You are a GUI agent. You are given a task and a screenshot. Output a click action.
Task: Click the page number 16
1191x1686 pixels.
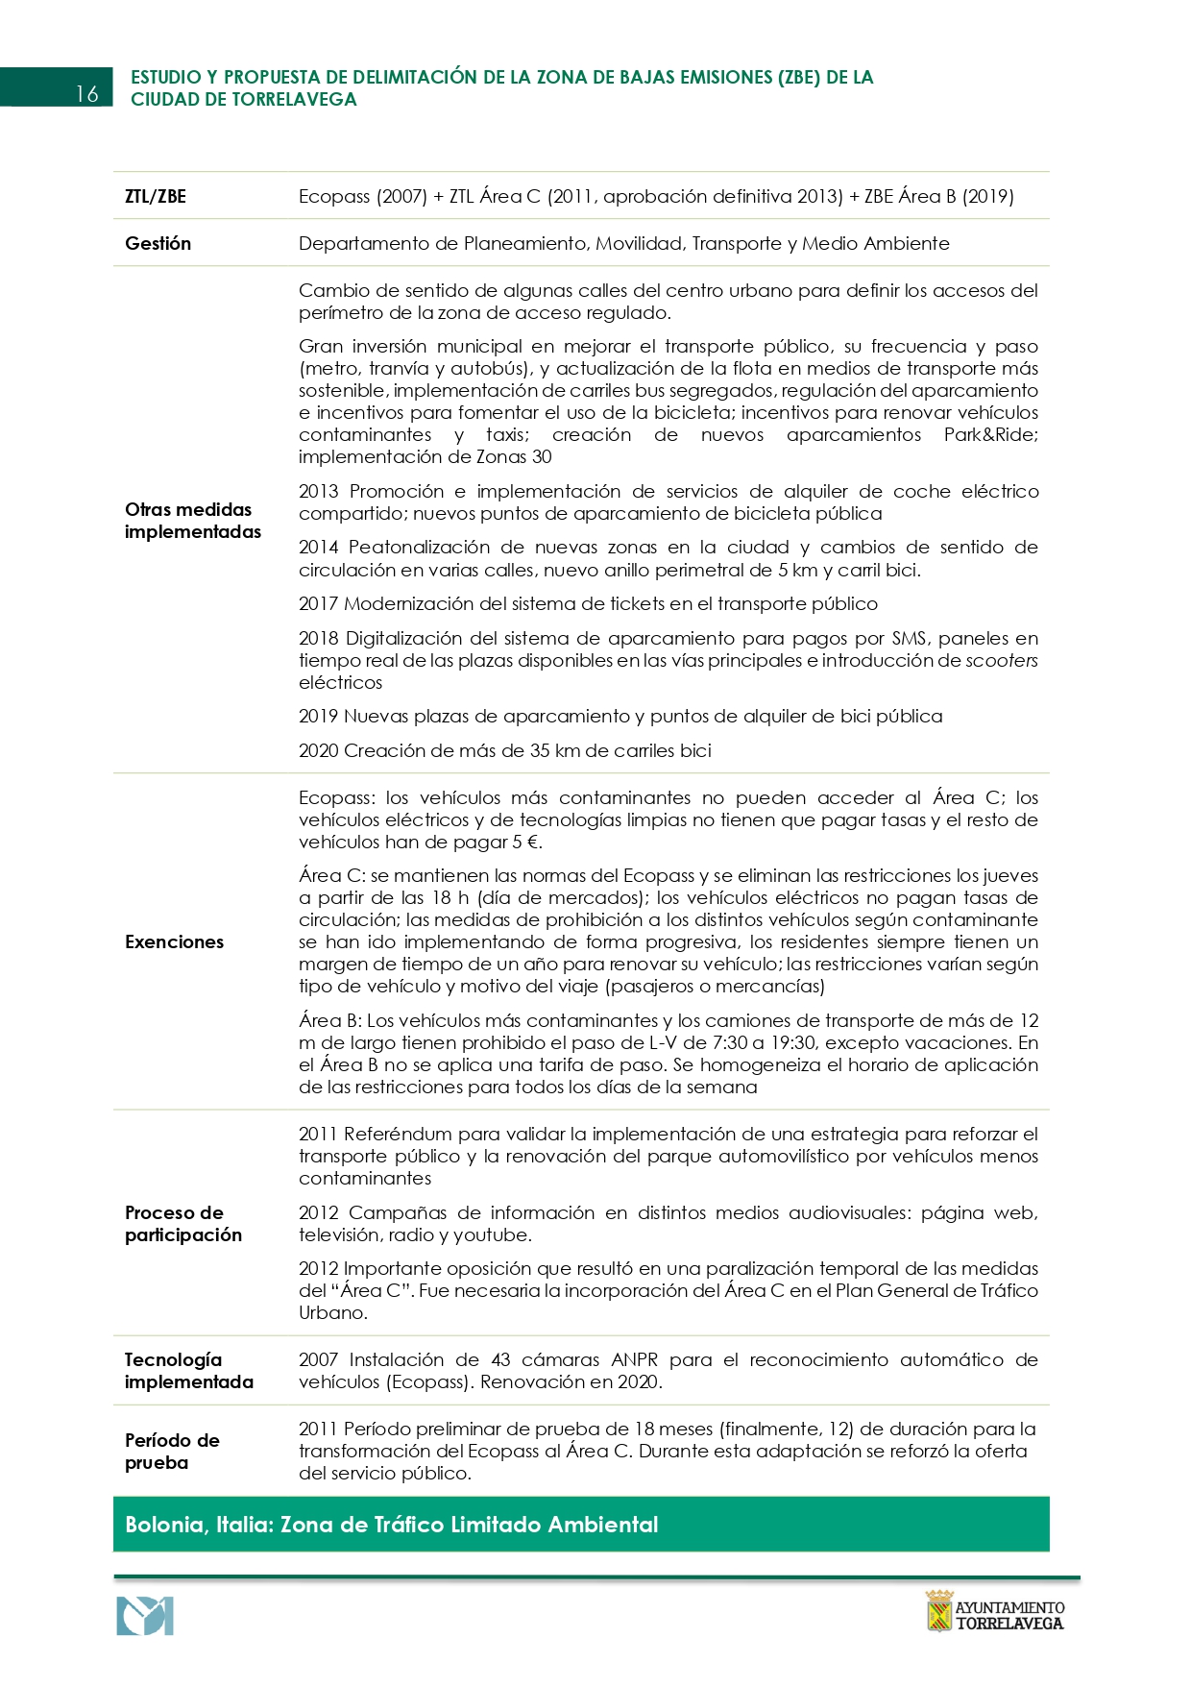86,93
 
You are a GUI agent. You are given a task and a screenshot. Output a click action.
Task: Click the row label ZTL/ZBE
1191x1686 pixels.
156,196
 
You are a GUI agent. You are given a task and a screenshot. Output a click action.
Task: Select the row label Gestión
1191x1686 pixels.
158,243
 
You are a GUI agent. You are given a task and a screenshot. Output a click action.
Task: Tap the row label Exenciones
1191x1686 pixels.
174,941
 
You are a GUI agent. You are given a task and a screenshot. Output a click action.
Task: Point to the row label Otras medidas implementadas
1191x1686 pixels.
192,521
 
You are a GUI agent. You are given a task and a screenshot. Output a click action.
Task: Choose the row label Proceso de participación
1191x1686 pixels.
182,1224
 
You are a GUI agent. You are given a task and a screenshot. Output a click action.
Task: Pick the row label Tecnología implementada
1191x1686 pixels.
188,1371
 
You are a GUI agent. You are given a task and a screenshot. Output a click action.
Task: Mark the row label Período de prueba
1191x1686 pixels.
172,1452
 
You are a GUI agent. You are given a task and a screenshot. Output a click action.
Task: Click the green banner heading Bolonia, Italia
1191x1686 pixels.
391,1525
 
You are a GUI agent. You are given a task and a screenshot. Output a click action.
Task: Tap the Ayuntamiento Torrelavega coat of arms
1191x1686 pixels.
938,1611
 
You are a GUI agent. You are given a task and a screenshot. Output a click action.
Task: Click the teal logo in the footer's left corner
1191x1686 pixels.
145,1617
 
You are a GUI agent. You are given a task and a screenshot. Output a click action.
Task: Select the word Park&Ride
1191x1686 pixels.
990,434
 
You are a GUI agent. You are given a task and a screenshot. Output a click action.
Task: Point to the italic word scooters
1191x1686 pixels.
1001,660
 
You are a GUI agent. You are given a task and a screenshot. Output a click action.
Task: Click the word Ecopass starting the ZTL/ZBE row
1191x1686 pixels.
333,196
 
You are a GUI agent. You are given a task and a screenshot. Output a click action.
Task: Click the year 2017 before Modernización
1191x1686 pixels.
318,603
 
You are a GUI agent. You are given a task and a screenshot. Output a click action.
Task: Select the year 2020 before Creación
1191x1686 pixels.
318,750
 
